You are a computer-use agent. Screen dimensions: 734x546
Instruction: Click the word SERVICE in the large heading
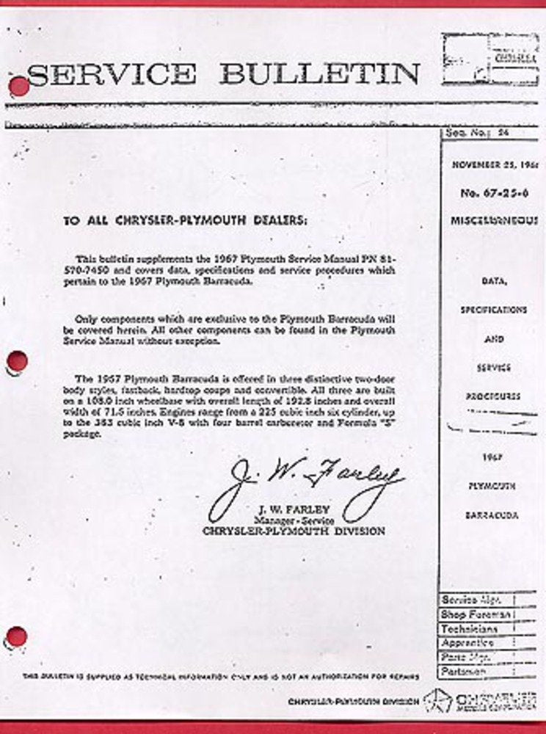pos(112,74)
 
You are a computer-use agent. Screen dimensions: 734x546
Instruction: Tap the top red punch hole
pos(19,87)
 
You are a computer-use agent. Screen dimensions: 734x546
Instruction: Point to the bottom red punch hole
pos(16,636)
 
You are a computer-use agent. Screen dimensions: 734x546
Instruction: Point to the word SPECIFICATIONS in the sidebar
pos(493,310)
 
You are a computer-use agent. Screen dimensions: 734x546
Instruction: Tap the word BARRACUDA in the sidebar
pos(492,515)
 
